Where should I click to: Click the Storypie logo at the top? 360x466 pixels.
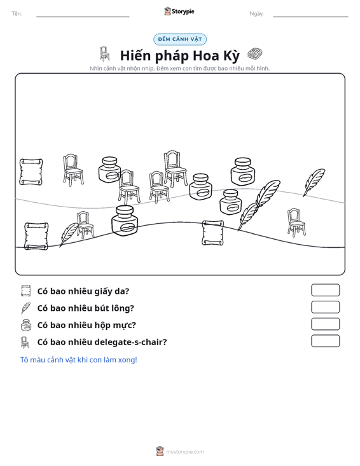(179, 11)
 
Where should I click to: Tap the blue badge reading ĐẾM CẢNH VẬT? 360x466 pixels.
(180, 39)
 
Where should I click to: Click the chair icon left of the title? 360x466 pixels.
(104, 53)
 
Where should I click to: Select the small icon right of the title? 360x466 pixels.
(255, 54)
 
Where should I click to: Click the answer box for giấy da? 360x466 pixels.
(325, 290)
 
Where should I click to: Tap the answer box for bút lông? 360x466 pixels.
(325, 307)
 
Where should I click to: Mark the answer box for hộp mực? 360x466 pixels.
(325, 324)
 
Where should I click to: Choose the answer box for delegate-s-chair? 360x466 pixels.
(325, 341)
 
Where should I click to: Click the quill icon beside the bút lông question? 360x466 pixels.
(25, 308)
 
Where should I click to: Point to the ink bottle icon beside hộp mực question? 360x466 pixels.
(26, 325)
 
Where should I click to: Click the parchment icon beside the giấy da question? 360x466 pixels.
(26, 291)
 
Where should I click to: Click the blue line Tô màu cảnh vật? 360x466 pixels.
(78, 360)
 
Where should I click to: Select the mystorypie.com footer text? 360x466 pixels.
(184, 452)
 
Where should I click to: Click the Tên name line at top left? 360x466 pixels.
(83, 17)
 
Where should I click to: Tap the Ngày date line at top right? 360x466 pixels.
(310, 17)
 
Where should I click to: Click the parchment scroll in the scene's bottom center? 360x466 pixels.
(212, 233)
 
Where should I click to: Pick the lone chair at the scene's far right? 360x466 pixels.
(296, 223)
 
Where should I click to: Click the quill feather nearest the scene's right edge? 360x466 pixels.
(314, 182)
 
